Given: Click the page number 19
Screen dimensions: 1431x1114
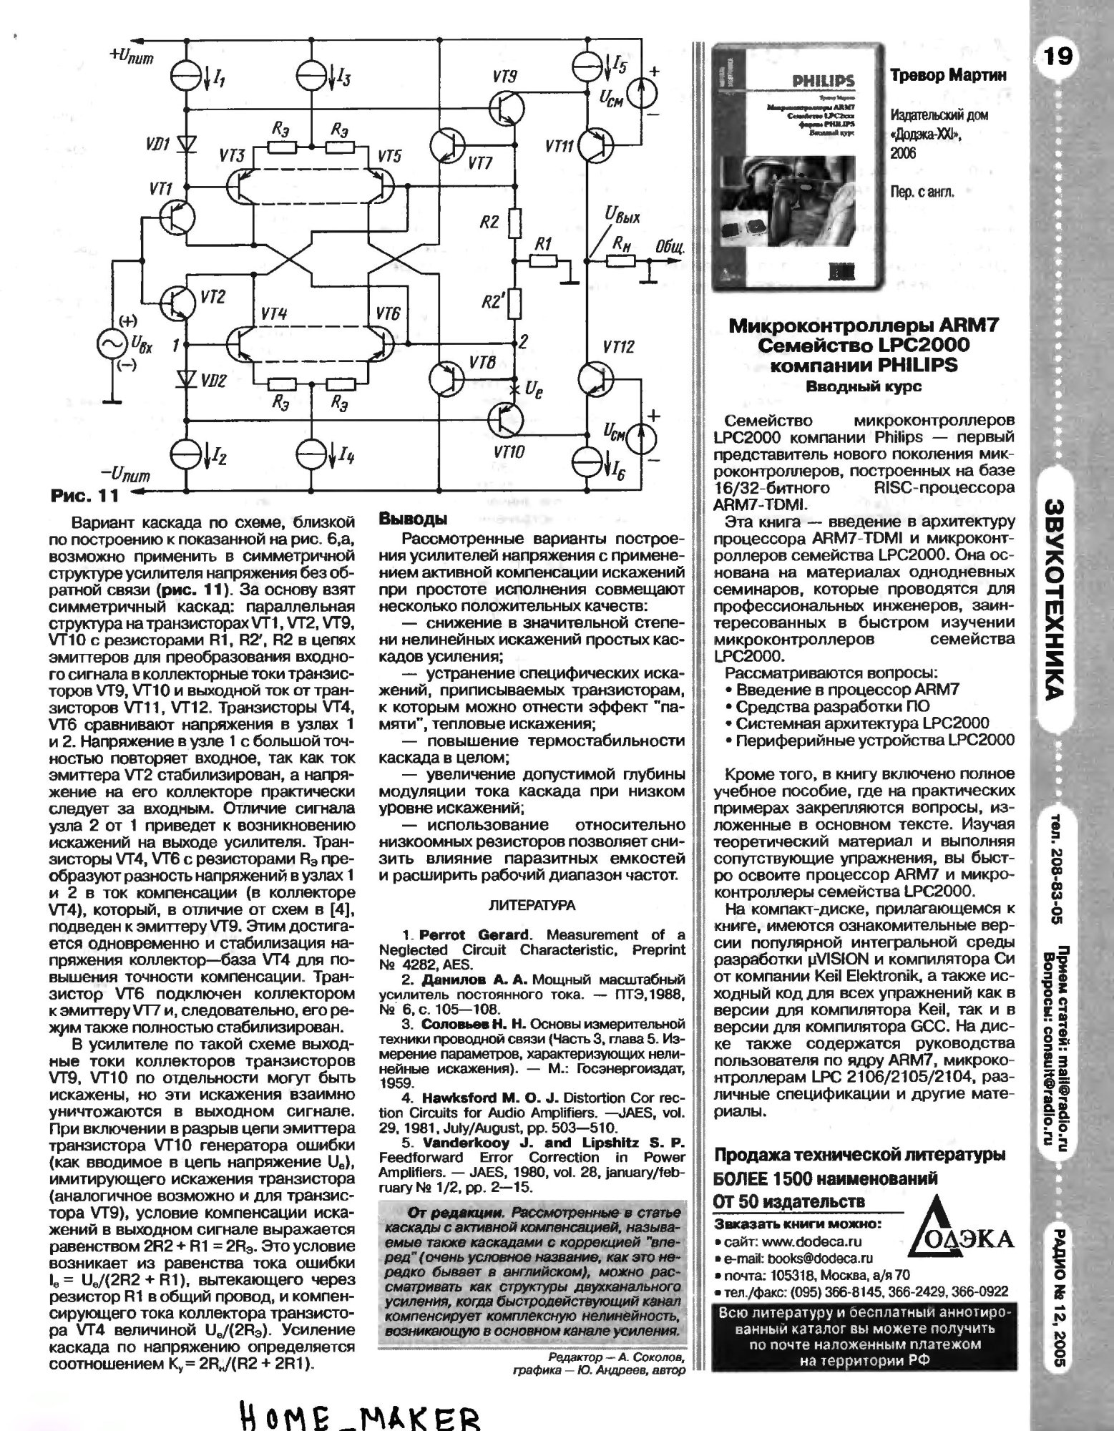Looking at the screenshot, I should pyautogui.click(x=1058, y=55).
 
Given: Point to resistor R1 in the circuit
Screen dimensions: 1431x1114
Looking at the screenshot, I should pyautogui.click(x=544, y=262).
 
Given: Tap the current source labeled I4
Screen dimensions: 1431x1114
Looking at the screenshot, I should pyautogui.click(x=313, y=453).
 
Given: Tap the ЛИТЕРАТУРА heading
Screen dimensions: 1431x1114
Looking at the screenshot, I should pyautogui.click(x=531, y=905).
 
